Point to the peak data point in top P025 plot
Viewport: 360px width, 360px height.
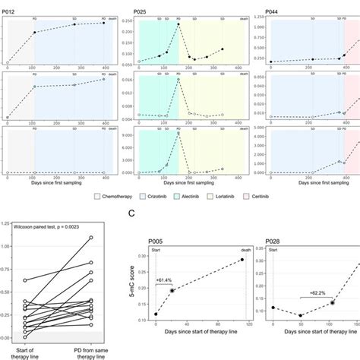[178, 25]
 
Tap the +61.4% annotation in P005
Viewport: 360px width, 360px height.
[166, 279]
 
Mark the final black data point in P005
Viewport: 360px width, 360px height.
[242, 260]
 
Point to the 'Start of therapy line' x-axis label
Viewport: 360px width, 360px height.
[28, 351]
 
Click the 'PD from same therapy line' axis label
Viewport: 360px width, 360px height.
[90, 351]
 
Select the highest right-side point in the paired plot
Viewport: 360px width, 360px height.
[90, 238]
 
